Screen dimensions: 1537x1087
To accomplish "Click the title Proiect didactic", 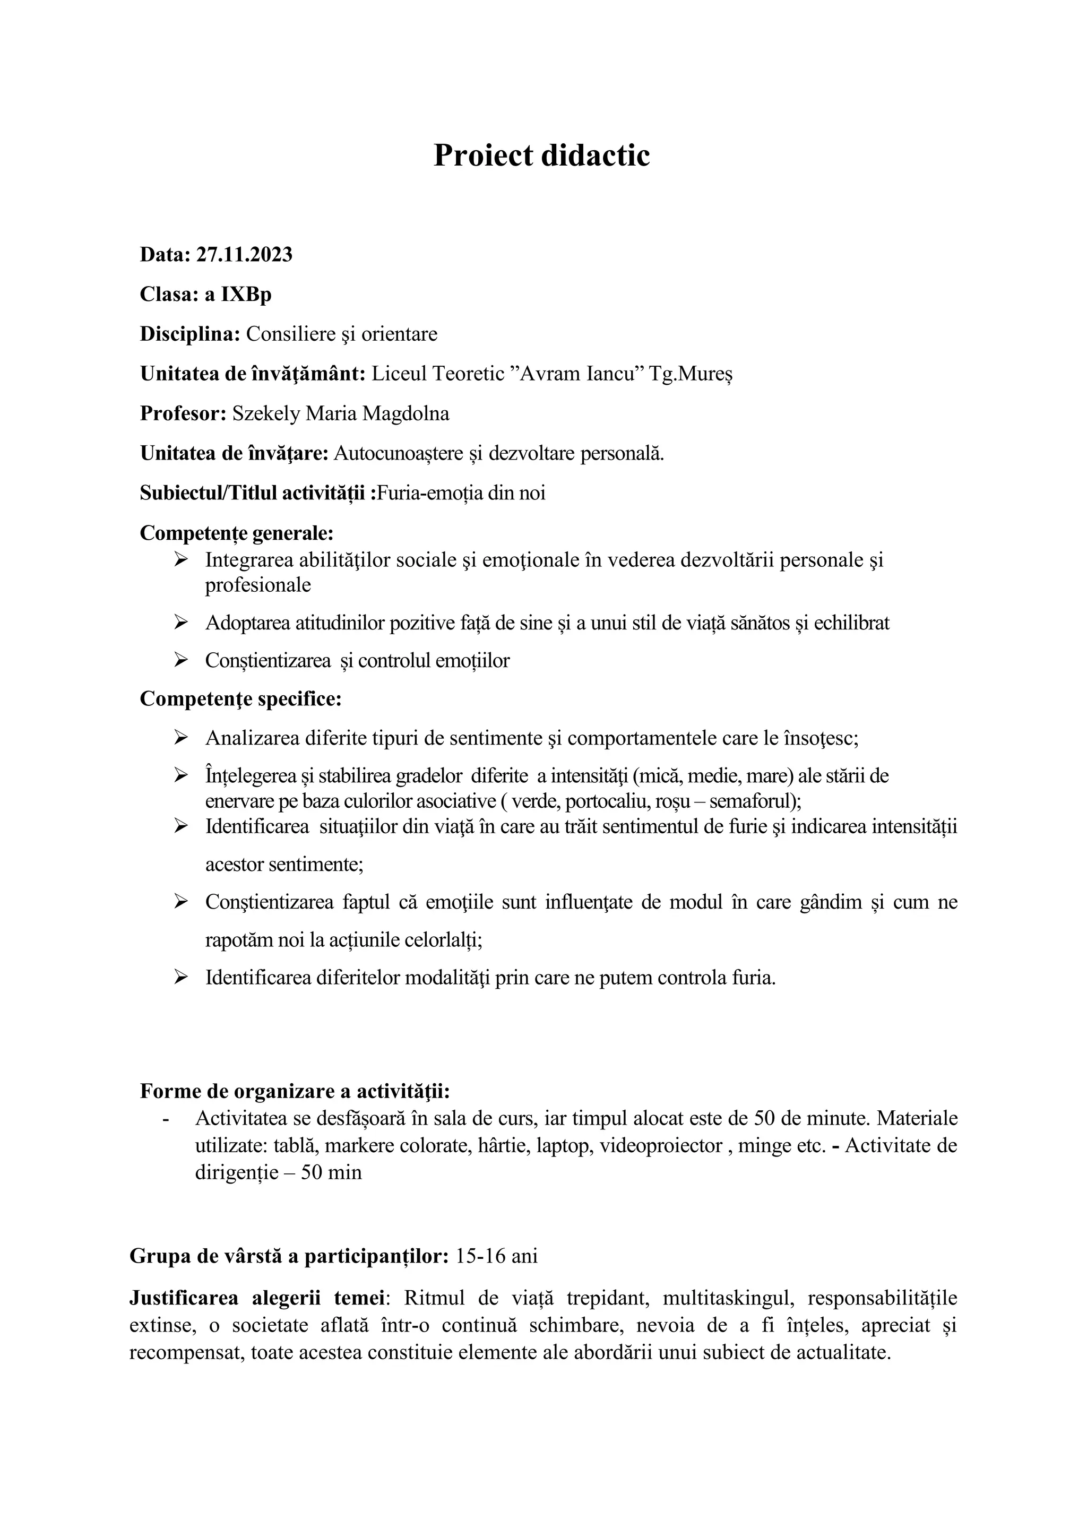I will pos(541,156).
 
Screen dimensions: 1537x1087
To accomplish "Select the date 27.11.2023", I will pos(244,255).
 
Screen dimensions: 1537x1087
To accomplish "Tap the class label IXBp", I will pos(246,295).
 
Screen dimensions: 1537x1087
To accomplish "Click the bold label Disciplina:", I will pos(189,334).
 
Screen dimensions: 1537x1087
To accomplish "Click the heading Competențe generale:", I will pos(236,533).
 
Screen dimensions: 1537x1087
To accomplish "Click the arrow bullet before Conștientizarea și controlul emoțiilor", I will pos(180,660).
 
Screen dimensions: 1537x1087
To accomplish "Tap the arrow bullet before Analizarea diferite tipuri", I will pos(180,738).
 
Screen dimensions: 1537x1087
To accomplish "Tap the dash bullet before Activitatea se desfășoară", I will pos(167,1119).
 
